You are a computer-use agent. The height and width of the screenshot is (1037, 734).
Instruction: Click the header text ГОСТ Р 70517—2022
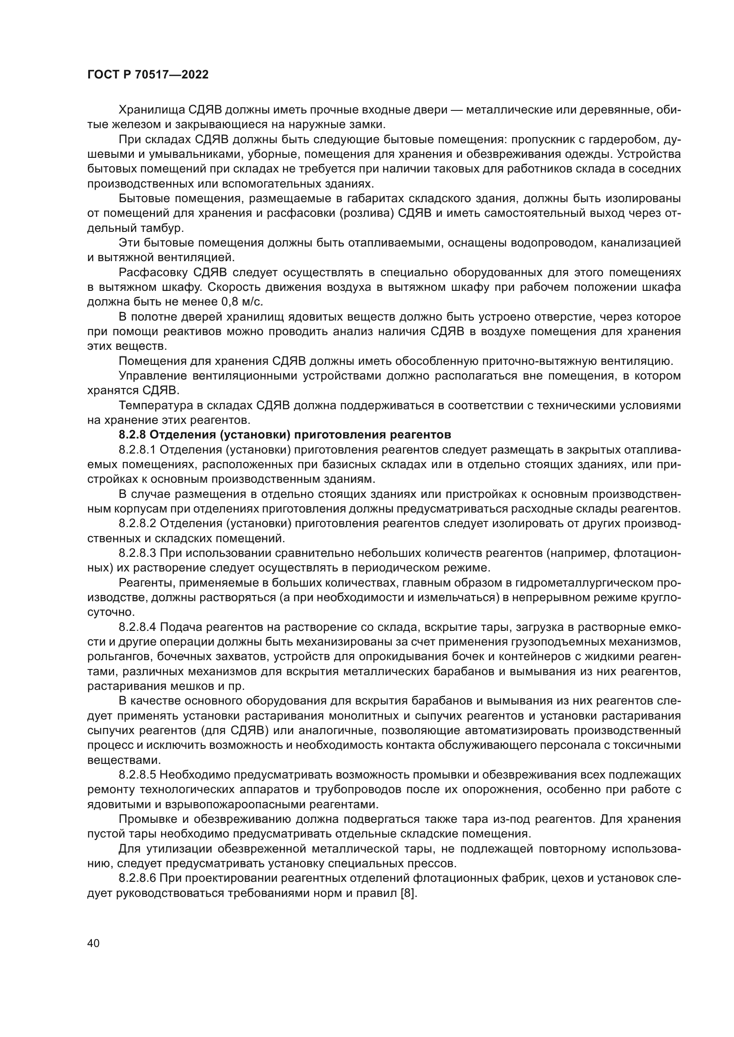(148, 75)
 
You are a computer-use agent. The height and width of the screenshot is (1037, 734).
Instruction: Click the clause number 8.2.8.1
(138, 450)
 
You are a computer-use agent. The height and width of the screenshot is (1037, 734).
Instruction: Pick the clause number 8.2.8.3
(138, 553)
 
